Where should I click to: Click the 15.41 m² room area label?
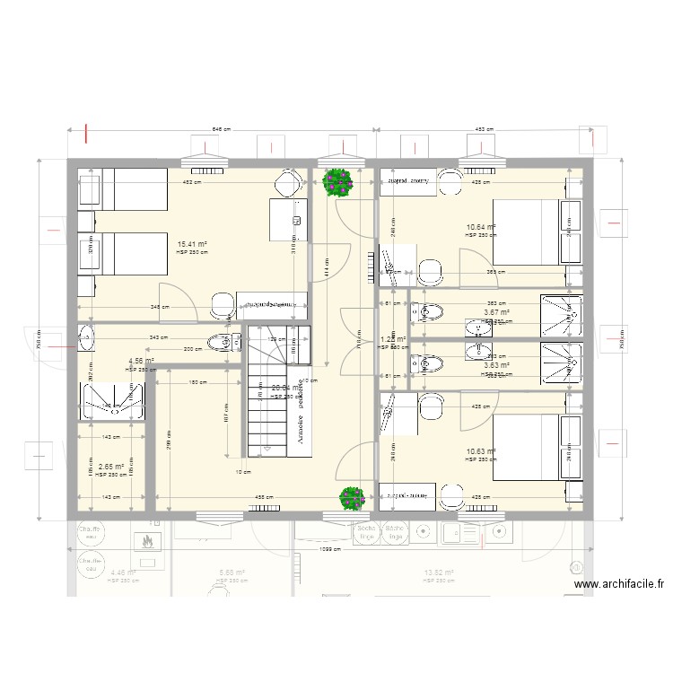(x=192, y=244)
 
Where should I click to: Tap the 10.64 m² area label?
(x=481, y=228)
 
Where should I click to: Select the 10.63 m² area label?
(x=481, y=452)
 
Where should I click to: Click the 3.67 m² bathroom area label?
(x=496, y=313)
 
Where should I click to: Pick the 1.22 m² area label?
(x=392, y=340)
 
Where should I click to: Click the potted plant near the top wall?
(x=337, y=182)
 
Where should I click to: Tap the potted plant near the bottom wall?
(x=351, y=498)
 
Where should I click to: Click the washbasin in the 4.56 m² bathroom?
(x=85, y=339)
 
